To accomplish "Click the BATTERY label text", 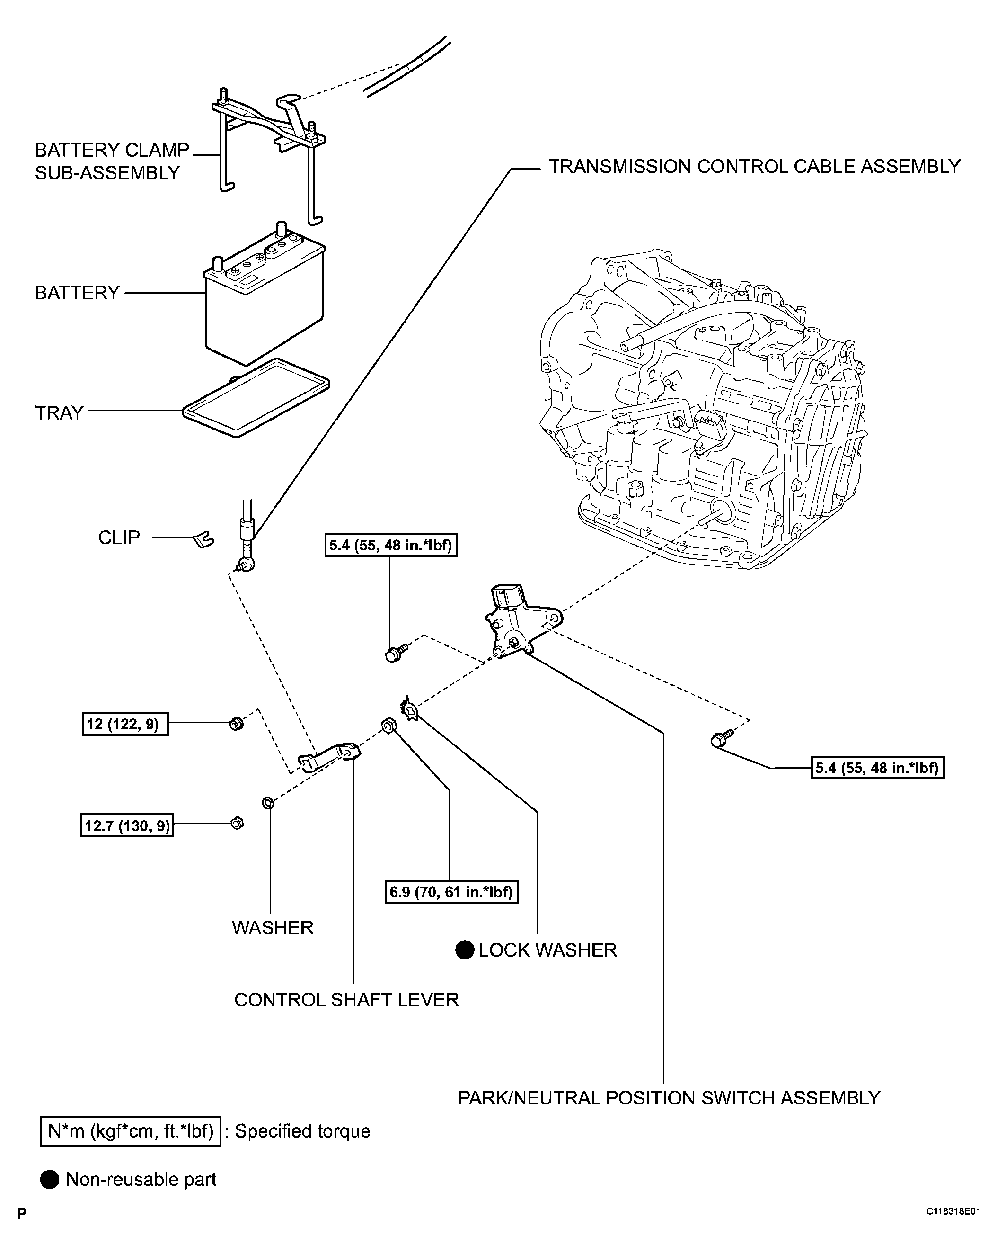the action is (77, 292).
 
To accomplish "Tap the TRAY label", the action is (59, 412).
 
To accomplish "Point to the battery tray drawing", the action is (256, 397).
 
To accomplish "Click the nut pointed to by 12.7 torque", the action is (237, 823).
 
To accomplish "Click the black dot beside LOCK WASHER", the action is (465, 950).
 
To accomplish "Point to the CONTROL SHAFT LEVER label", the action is (347, 999).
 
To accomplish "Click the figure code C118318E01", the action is (953, 1228).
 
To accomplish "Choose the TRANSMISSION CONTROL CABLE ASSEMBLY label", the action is (754, 167).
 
